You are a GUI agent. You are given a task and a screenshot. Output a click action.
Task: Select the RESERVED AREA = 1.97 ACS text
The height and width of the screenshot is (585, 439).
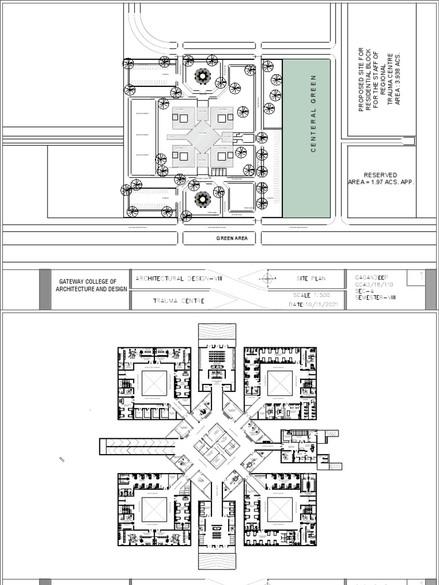coord(380,178)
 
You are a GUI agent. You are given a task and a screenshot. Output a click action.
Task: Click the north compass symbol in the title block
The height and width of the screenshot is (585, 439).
coord(267,279)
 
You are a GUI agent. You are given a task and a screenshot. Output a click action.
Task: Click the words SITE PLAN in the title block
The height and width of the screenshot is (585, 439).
coord(311,279)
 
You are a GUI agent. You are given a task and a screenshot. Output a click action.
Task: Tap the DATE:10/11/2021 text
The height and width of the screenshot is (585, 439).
coord(314,305)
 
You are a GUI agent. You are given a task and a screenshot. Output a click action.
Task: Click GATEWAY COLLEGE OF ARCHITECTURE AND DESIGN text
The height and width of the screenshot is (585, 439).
coord(91,286)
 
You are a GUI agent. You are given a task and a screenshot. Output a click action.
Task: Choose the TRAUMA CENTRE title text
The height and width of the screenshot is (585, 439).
coord(178,300)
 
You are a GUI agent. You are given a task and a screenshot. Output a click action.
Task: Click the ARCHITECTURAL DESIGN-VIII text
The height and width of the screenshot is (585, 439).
coord(178,278)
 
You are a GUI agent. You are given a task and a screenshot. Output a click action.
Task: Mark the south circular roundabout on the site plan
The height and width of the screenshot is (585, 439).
coord(201,199)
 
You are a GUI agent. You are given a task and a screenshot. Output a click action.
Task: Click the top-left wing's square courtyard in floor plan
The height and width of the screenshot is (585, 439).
coord(154,383)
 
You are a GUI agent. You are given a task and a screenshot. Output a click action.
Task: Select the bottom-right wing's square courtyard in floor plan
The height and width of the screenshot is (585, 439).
coord(280,510)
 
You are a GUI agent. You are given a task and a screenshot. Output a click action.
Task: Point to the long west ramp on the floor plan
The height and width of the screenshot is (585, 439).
coord(133,446)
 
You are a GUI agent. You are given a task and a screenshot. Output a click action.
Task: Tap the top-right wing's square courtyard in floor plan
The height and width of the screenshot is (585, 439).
coord(280,383)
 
